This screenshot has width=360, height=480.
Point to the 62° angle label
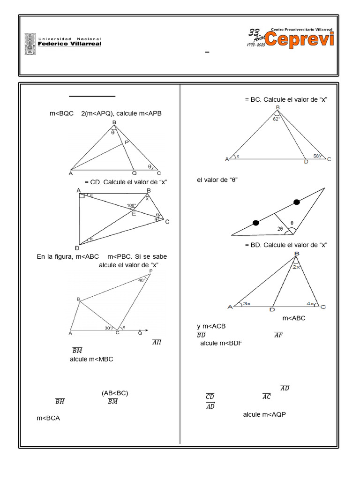point(276,119)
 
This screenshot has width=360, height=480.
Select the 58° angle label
point(316,156)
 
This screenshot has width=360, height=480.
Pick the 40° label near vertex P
point(142,280)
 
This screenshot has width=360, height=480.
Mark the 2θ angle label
point(280,229)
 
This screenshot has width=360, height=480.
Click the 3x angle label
point(247,304)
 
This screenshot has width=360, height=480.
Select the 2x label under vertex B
point(296,267)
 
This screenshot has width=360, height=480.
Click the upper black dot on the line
point(297,202)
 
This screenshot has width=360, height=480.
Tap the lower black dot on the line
point(255,223)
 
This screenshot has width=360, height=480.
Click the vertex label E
point(134,214)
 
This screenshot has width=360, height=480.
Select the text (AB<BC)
point(115,393)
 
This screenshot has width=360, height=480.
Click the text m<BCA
point(48,418)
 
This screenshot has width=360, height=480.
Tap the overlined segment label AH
point(157,342)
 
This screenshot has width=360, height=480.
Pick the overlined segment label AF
point(278,334)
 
